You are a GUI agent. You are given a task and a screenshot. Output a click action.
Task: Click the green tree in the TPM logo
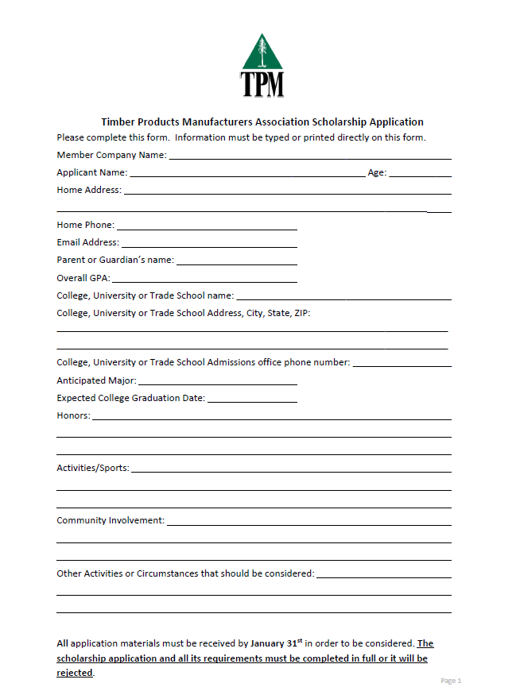point(262,52)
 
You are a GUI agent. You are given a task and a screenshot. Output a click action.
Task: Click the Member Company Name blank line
point(310,158)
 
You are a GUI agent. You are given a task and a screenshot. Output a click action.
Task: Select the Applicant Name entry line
point(246,176)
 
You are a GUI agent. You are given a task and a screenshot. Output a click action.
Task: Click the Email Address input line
point(209,245)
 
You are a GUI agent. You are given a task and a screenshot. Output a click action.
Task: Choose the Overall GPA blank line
point(204,281)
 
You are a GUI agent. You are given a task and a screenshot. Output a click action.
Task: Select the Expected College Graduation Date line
point(252,401)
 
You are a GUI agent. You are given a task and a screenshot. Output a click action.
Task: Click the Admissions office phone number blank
point(402,365)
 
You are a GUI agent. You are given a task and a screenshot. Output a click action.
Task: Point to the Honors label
point(73,415)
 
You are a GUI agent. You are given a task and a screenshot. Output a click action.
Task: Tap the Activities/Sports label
point(92,468)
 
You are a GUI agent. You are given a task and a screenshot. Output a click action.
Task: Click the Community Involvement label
point(111,520)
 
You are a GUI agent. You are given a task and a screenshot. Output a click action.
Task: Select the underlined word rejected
point(74,673)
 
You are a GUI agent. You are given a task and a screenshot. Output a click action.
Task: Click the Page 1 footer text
point(451,681)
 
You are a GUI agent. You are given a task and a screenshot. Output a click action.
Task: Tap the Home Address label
point(89,190)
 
